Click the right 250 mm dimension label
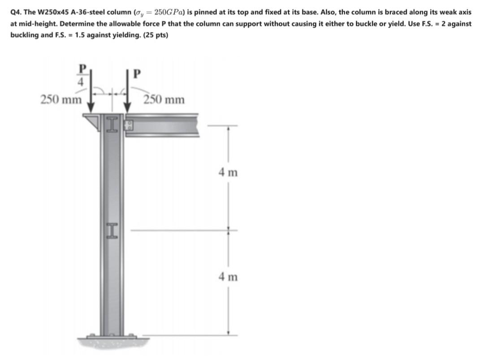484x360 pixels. (x=164, y=99)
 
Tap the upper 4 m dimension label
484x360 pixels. (x=229, y=172)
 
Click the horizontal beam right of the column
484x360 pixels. (x=166, y=123)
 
